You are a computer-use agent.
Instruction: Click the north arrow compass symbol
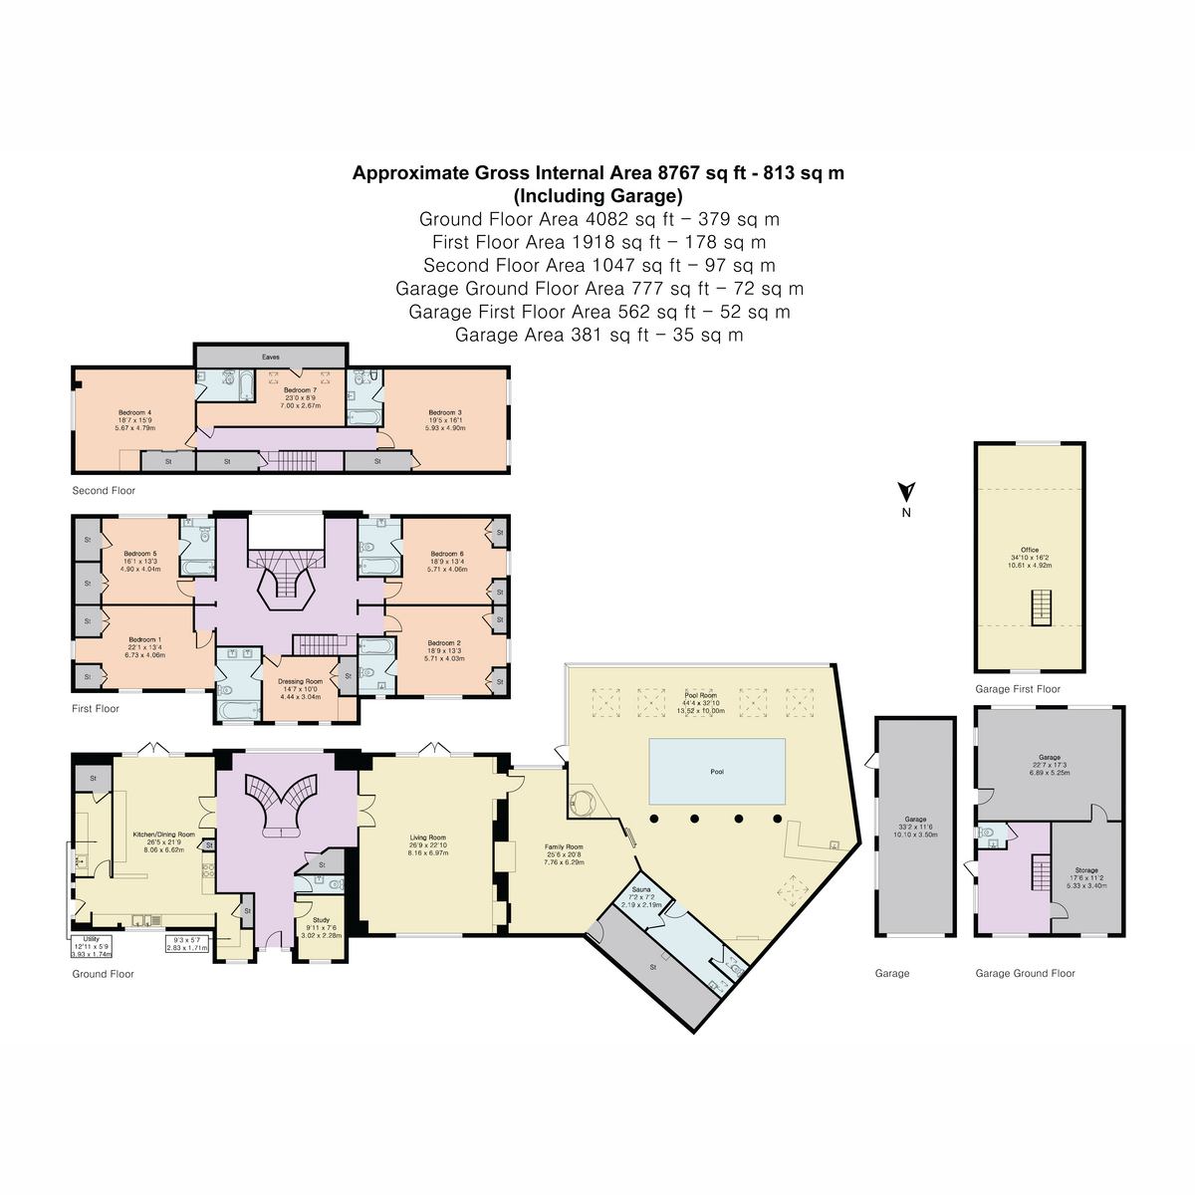click(x=906, y=493)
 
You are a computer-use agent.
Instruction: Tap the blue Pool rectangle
click(x=717, y=771)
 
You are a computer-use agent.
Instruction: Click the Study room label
click(x=321, y=920)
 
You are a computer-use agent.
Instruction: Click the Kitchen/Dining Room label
click(x=164, y=836)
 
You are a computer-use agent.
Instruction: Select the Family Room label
click(x=564, y=847)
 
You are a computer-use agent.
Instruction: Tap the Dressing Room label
click(x=300, y=682)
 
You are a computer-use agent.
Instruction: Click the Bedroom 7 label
click(x=300, y=390)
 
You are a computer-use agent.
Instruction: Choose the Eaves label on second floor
click(x=271, y=357)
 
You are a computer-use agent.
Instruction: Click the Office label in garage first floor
click(x=1029, y=550)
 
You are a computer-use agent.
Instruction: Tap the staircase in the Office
click(x=1040, y=606)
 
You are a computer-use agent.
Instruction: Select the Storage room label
click(x=1085, y=870)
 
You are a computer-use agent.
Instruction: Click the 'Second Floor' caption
click(x=104, y=491)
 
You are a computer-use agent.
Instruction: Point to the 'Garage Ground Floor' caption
click(x=1025, y=973)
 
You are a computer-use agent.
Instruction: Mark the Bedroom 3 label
click(x=445, y=412)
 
